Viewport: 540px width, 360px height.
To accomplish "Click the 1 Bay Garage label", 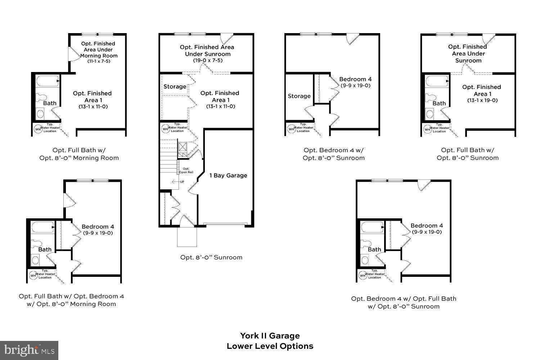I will point(228,176).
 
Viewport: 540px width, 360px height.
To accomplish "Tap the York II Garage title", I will point(270,336).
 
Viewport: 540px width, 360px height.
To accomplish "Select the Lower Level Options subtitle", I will point(270,346).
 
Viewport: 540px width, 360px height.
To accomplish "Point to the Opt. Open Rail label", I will point(186,171).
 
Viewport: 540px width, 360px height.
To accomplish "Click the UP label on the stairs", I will point(182,182).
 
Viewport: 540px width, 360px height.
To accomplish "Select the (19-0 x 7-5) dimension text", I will point(208,60).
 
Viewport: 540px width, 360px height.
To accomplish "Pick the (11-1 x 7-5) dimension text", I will point(99,62).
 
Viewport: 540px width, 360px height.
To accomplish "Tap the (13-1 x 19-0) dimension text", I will point(482,100).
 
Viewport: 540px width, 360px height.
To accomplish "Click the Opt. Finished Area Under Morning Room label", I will point(99,50).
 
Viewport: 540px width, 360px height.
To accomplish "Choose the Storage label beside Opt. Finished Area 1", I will point(175,87).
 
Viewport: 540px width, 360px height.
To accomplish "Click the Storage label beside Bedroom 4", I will point(299,96).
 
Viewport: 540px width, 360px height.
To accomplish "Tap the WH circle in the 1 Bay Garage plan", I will point(166,129).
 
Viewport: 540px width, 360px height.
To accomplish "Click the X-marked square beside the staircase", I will point(183,147).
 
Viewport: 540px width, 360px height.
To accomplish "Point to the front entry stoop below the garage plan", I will point(187,237).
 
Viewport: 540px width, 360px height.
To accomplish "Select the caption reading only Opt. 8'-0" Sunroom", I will point(211,257).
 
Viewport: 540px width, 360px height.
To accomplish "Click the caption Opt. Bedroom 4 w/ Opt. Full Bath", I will point(404,299).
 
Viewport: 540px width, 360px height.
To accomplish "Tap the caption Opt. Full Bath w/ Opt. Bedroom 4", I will point(71,296).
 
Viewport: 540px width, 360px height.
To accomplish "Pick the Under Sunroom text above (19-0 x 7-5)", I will point(208,54).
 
